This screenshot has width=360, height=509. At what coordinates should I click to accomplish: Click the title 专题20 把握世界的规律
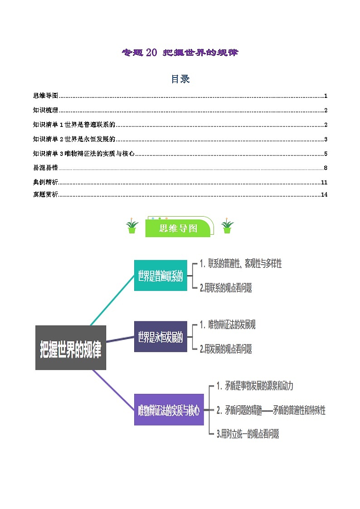coord(180,53)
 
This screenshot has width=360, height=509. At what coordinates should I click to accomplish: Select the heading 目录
coord(180,79)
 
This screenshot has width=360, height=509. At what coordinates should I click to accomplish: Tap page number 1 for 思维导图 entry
coord(326,96)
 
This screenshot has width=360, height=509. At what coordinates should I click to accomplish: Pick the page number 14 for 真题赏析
coord(324,195)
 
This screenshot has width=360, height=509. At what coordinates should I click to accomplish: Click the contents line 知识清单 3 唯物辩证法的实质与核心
coord(84,154)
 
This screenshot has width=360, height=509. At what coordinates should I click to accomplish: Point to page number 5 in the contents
coord(326,154)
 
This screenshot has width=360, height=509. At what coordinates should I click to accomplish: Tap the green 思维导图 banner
coord(178,228)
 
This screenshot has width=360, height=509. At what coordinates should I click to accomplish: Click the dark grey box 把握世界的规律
coord(71,347)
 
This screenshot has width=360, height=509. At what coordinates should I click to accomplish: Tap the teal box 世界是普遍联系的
coord(161,276)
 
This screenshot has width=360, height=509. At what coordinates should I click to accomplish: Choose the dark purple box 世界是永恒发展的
coord(161,336)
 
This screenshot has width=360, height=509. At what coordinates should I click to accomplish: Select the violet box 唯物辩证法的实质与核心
coord(169,410)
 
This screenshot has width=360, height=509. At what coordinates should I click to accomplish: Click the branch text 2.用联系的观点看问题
coord(226,287)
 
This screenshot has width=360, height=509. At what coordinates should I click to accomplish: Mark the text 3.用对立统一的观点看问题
coord(248,434)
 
